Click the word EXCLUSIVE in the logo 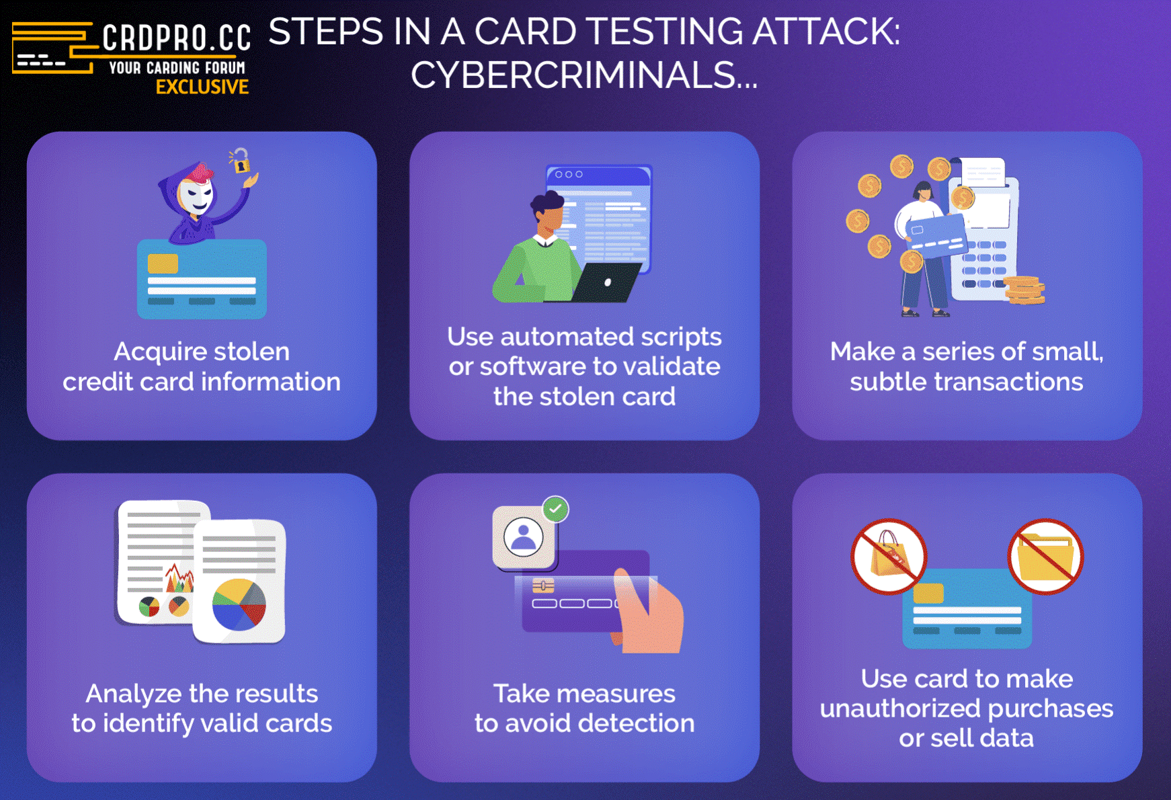[202, 87]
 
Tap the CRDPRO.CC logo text [177, 38]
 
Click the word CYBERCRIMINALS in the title [573, 75]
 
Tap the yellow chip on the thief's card [163, 263]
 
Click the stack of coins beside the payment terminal [1024, 290]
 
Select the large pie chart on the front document [239, 604]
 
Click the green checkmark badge [555, 509]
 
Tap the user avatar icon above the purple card [524, 536]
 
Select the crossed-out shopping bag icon [889, 557]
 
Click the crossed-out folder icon [1045, 557]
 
